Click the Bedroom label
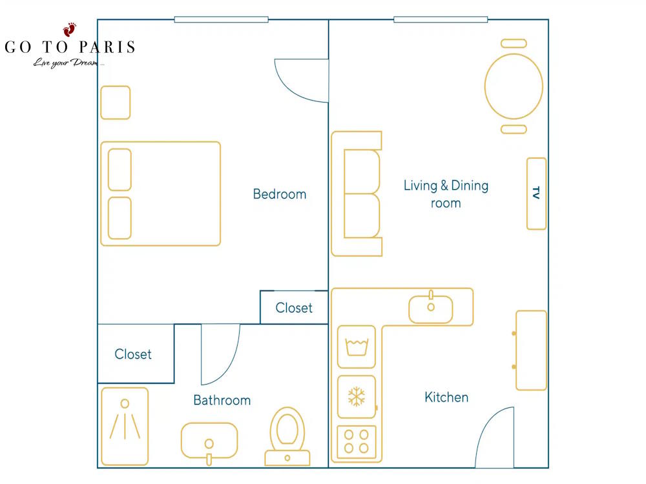click(x=279, y=194)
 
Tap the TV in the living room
click(x=536, y=194)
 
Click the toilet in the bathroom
click(x=287, y=436)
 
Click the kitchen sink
click(x=430, y=308)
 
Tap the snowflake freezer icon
click(x=357, y=397)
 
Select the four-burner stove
click(x=357, y=442)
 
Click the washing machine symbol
click(x=357, y=347)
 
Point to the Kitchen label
click(x=446, y=397)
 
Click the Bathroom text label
click(x=222, y=400)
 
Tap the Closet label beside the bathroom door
click(x=132, y=354)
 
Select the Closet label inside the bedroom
click(x=294, y=307)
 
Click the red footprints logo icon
click(x=70, y=29)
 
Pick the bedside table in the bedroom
click(x=116, y=103)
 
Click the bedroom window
click(x=221, y=19)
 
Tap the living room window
click(x=441, y=19)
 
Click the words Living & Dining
click(x=446, y=186)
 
